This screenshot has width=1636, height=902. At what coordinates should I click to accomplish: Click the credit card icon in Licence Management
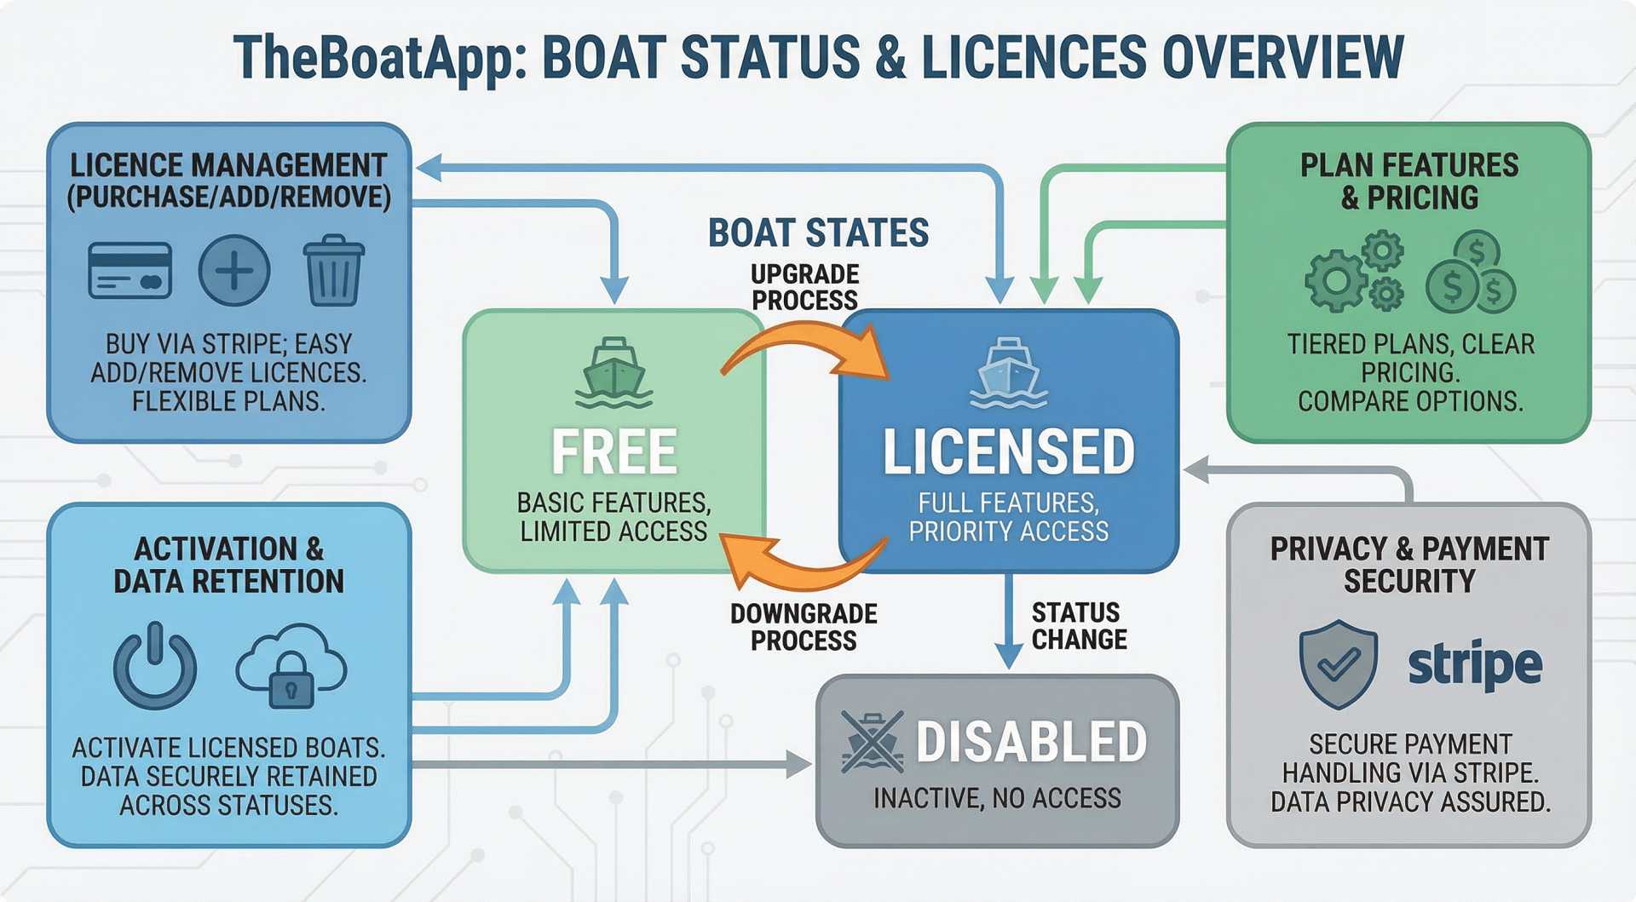pyautogui.click(x=130, y=271)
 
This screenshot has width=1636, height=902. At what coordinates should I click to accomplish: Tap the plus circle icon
pyautogui.click(x=234, y=271)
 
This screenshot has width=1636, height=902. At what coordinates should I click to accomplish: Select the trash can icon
pyautogui.click(x=333, y=270)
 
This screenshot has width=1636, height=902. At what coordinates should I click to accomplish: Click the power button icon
pyautogui.click(x=155, y=666)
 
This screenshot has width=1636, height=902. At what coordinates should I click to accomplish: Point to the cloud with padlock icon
pyautogui.click(x=291, y=665)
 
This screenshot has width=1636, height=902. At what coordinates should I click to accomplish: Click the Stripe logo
pyautogui.click(x=1475, y=664)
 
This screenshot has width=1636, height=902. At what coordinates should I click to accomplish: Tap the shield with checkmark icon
pyautogui.click(x=1338, y=664)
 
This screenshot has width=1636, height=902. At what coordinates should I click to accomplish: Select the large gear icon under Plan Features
pyautogui.click(x=1335, y=280)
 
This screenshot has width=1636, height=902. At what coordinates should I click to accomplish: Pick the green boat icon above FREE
pyautogui.click(x=613, y=372)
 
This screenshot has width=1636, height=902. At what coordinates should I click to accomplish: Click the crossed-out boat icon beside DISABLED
pyautogui.click(x=872, y=741)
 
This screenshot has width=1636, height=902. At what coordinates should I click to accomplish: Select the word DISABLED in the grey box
pyautogui.click(x=1031, y=742)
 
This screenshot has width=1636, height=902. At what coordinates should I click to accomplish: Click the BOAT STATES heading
pyautogui.click(x=818, y=233)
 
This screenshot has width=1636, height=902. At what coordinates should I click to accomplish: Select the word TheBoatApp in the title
pyautogui.click(x=375, y=58)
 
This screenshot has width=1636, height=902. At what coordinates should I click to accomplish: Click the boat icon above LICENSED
pyautogui.click(x=1009, y=372)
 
